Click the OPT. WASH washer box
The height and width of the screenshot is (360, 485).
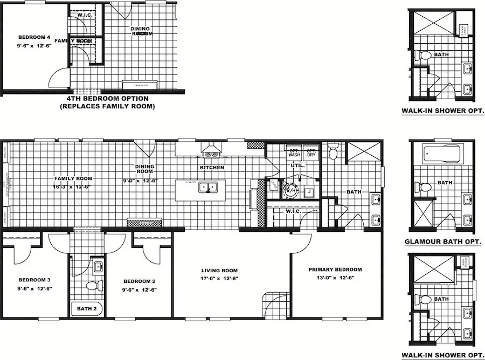pos(294,153)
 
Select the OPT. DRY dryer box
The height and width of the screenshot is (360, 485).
pos(310,153)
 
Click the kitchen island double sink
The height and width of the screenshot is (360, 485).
pos(207,188)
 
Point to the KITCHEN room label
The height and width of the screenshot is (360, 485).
pos(212,168)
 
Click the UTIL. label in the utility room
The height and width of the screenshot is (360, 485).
pos(297,166)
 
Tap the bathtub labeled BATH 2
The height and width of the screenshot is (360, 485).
pos(86,309)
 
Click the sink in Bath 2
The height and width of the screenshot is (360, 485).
pos(98,266)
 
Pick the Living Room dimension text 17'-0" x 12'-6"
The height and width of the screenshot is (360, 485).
pos(219,279)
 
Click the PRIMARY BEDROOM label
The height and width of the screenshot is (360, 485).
pos(335,269)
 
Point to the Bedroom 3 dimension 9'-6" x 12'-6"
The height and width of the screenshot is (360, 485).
pos(34,289)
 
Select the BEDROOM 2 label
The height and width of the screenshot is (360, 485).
pos(139,281)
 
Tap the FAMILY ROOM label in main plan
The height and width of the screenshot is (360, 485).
pos(73,178)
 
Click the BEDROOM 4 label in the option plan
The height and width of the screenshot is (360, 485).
pos(34,37)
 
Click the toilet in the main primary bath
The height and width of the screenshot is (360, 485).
pos(332,151)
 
